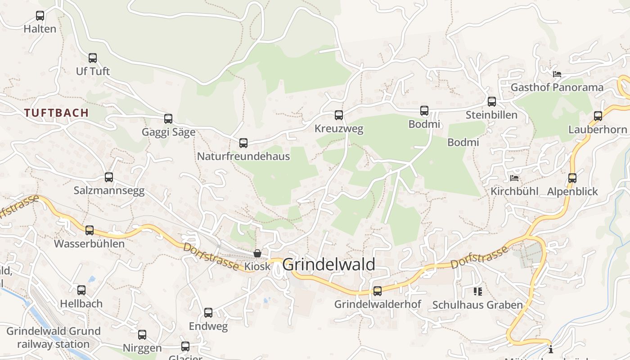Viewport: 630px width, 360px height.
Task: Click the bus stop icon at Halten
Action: [40, 16]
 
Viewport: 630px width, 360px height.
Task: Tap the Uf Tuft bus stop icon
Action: [93, 58]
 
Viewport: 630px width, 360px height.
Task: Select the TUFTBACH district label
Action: [56, 113]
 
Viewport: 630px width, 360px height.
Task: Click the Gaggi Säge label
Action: [168, 132]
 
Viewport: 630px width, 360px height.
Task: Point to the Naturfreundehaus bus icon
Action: [243, 143]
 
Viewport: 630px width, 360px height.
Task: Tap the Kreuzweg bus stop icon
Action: [339, 115]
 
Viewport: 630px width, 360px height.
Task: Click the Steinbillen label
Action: [491, 115]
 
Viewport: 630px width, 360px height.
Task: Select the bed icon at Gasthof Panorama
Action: [557, 74]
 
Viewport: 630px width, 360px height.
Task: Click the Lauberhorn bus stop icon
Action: [598, 116]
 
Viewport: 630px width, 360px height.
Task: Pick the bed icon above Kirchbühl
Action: [514, 178]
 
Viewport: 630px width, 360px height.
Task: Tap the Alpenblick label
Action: [572, 192]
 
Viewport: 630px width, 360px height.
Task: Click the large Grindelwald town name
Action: [328, 265]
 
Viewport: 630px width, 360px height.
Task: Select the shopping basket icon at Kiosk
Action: [257, 253]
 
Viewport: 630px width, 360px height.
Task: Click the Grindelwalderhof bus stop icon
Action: [378, 291]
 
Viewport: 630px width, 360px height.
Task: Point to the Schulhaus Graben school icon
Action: [477, 292]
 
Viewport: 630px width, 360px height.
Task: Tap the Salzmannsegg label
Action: [109, 191]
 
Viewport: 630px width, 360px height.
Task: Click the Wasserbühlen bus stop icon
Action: [90, 230]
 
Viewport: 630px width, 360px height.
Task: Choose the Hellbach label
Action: [81, 304]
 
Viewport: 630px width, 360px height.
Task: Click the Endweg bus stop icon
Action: [208, 313]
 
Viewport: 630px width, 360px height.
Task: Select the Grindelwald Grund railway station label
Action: [53, 338]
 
